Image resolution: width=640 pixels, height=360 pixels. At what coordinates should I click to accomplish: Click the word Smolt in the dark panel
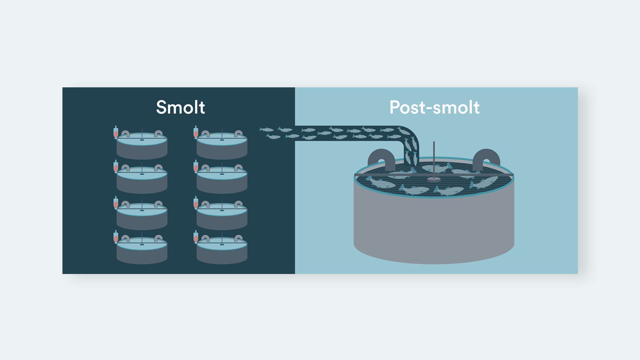coord(180,107)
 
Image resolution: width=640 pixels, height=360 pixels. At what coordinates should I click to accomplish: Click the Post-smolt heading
coord(434,107)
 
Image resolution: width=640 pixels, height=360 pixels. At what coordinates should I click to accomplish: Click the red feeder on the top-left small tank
coord(116,133)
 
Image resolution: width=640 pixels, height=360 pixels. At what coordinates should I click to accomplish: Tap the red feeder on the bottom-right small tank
coord(196,237)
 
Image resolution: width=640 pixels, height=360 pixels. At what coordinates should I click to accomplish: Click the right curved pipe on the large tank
coord(486,158)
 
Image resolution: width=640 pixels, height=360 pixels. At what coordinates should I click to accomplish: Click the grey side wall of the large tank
coord(434,227)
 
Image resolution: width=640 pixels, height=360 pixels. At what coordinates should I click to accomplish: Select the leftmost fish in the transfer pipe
coord(266,129)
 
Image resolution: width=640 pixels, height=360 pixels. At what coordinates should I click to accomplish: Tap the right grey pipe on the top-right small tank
coord(238,134)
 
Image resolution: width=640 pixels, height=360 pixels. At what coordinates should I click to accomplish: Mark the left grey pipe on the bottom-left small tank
coord(125,238)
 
